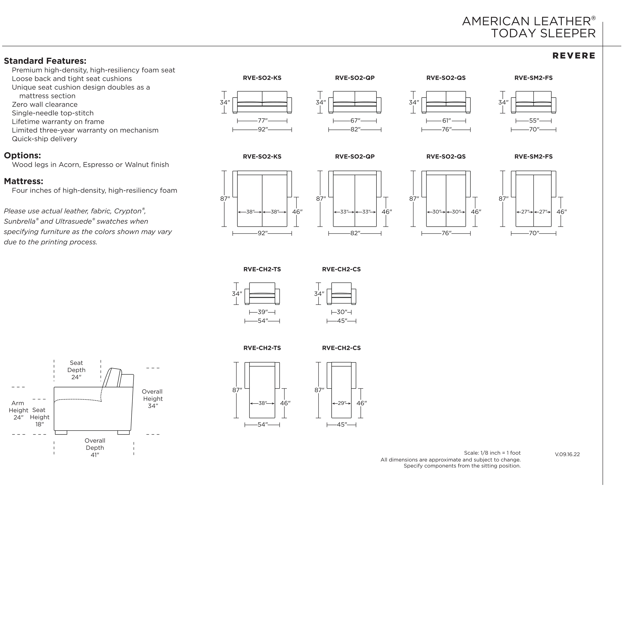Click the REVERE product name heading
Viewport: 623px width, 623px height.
point(574,56)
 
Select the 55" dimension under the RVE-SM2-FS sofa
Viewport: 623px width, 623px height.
point(534,121)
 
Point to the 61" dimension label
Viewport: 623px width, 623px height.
point(446,121)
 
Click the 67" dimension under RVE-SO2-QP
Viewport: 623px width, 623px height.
point(355,121)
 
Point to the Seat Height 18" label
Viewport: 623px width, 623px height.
point(39,417)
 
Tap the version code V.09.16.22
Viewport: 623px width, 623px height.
point(567,454)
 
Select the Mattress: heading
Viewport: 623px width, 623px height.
point(23,181)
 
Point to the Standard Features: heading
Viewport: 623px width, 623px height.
point(45,61)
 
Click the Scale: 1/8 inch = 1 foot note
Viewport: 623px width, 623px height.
point(492,453)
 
